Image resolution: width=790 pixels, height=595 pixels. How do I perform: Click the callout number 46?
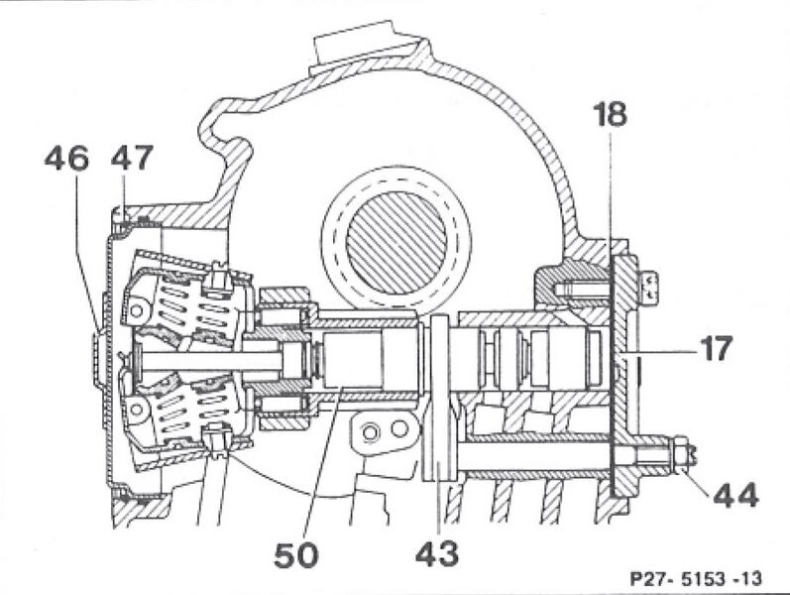pos(65,158)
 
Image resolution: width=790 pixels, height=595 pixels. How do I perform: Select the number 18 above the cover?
pos(611,115)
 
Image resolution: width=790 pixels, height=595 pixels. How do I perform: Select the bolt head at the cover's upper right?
pos(650,287)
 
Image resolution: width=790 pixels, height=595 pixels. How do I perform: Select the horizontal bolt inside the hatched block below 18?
pos(580,288)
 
